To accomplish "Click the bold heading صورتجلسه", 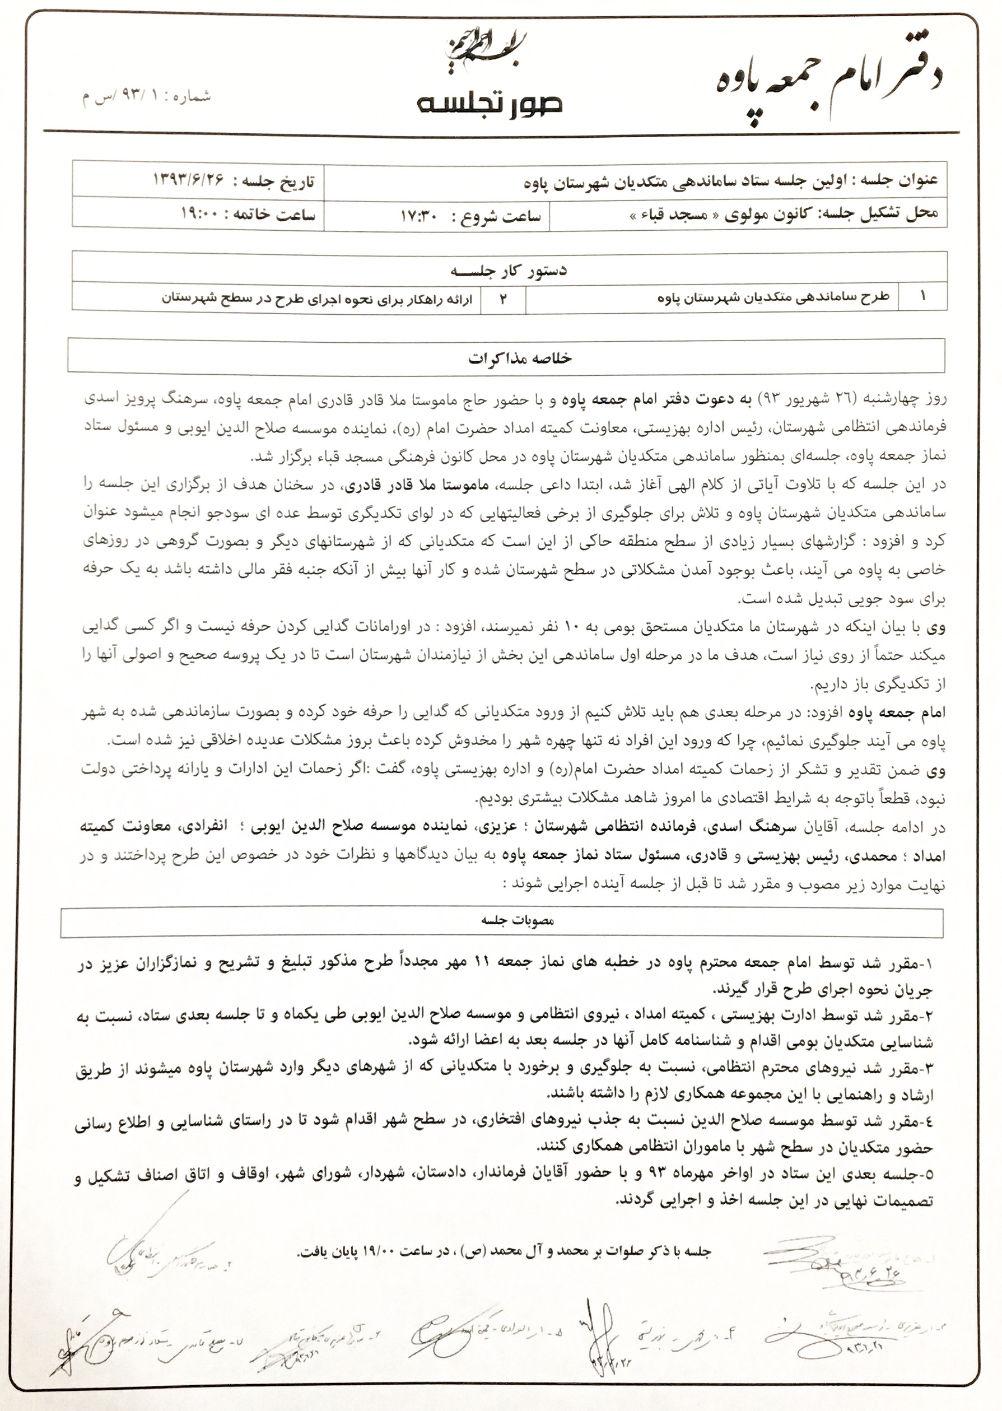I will coord(490,104).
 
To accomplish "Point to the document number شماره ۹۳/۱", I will coord(146,97).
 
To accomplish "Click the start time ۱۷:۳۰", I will coord(419,217).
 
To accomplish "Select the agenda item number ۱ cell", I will coord(922,297).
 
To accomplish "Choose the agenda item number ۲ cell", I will coord(502,299).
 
